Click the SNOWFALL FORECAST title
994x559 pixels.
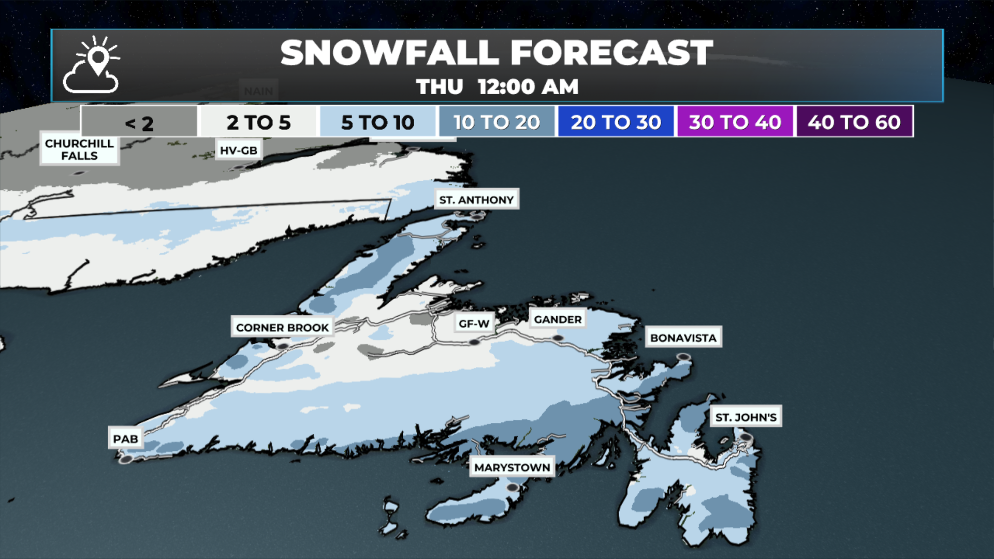pyautogui.click(x=496, y=53)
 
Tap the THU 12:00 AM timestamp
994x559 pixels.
pyautogui.click(x=497, y=87)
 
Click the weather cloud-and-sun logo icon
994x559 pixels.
pyautogui.click(x=92, y=65)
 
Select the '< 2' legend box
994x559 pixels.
pyautogui.click(x=139, y=122)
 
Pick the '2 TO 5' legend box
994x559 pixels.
pyautogui.click(x=258, y=122)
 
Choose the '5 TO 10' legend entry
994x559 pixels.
pyautogui.click(x=377, y=122)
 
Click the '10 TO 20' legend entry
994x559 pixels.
pyautogui.click(x=496, y=122)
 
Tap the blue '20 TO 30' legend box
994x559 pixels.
pyautogui.click(x=616, y=122)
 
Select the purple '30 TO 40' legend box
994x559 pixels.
pyautogui.click(x=735, y=122)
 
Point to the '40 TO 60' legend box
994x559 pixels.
pyautogui.click(x=854, y=122)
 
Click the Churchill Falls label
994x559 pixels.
pyautogui.click(x=79, y=150)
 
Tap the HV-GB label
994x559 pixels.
pyautogui.click(x=238, y=151)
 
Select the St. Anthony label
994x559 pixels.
pyautogui.click(x=476, y=200)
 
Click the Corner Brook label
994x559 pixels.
pyautogui.click(x=282, y=328)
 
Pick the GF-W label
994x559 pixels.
pyautogui.click(x=474, y=323)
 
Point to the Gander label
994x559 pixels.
pyautogui.click(x=558, y=319)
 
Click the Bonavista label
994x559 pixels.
pyautogui.click(x=683, y=338)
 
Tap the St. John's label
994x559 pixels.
pyautogui.click(x=745, y=417)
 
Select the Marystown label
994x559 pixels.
pyautogui.click(x=512, y=467)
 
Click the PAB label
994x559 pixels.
pyautogui.click(x=125, y=439)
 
